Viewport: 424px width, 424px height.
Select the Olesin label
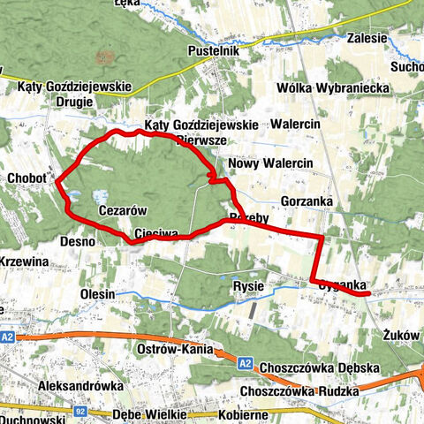click(96, 293)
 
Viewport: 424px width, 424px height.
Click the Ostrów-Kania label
click(177, 351)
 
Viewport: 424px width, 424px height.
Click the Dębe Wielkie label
click(149, 414)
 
